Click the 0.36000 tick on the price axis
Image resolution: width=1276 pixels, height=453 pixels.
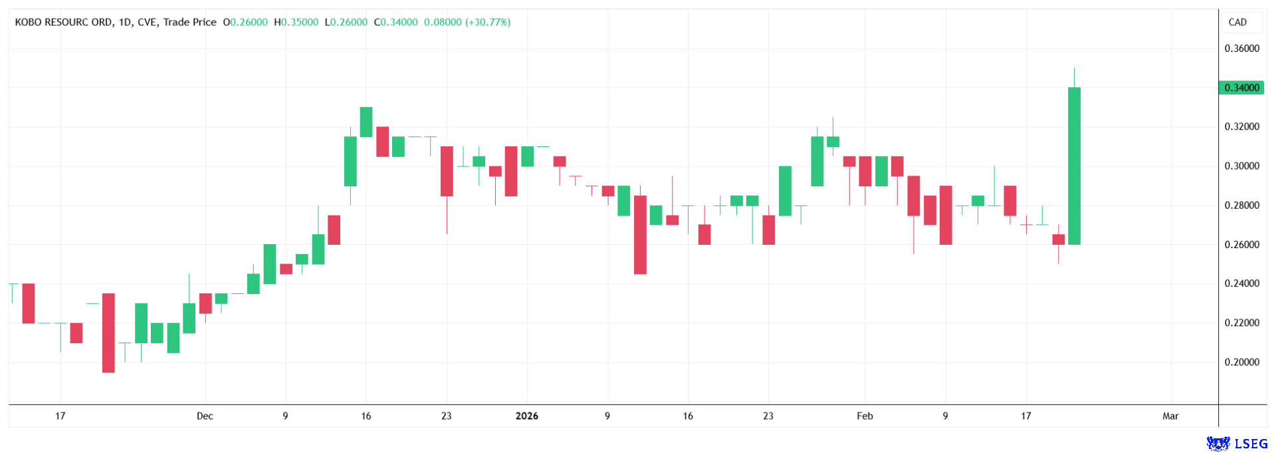point(1241,49)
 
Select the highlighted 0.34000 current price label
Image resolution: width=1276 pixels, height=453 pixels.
point(1241,88)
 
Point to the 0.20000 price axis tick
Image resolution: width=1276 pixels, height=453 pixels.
point(1241,363)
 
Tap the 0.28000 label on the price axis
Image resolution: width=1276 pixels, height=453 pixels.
point(1241,206)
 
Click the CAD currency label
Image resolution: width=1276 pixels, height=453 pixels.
point(1237,22)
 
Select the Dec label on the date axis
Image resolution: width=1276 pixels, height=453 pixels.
point(205,416)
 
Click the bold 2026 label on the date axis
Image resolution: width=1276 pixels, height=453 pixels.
point(527,416)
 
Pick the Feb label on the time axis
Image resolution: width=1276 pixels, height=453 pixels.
point(865,416)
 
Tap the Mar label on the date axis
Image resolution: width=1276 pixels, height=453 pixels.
point(1170,416)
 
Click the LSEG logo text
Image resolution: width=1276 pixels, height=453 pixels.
point(1251,444)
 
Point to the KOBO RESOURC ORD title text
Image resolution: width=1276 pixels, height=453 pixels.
point(64,22)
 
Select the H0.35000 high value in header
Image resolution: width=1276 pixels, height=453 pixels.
point(296,22)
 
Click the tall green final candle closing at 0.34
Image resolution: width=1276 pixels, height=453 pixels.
point(1074,166)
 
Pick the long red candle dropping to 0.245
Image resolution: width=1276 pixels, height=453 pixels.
point(640,234)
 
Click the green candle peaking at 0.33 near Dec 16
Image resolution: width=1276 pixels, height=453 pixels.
point(366,122)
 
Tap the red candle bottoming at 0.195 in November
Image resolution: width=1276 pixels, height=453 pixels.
point(108,333)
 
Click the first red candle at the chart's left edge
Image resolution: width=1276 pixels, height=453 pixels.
point(29,303)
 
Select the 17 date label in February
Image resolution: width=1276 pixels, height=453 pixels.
point(1026,416)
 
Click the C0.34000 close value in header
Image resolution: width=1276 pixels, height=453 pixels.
point(396,22)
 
